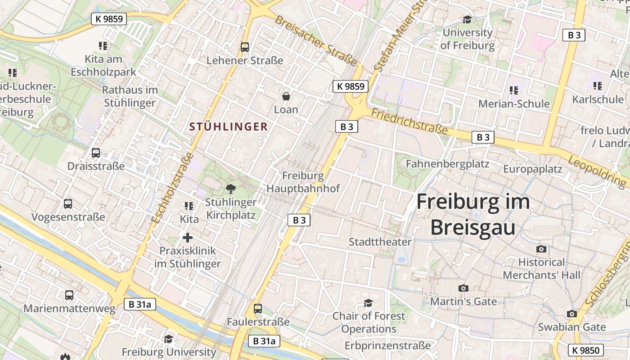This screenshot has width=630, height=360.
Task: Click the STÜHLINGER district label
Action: pyautogui.click(x=229, y=127)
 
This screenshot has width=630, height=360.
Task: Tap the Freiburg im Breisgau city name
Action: pyautogui.click(x=472, y=214)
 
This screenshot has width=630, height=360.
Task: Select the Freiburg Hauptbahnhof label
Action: pyautogui.click(x=303, y=182)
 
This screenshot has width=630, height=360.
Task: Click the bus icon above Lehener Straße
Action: pyautogui.click(x=245, y=47)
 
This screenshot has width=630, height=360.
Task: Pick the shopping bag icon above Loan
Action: pyautogui.click(x=286, y=96)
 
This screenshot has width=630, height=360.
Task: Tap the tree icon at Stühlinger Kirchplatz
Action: pyautogui.click(x=231, y=189)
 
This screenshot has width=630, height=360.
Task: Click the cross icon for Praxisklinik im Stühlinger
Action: pyautogui.click(x=188, y=238)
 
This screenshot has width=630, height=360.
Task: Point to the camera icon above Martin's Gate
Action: pyautogui.click(x=463, y=288)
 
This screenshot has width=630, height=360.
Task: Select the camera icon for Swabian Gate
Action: pyautogui.click(x=571, y=314)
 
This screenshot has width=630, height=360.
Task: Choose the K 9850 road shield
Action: pyautogui.click(x=586, y=350)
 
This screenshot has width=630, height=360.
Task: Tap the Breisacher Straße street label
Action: pyautogui.click(x=316, y=40)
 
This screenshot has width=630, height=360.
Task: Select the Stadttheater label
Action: pyautogui.click(x=380, y=242)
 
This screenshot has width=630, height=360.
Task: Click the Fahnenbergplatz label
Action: pyautogui.click(x=447, y=164)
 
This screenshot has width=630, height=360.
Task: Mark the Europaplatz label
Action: pyautogui.click(x=532, y=169)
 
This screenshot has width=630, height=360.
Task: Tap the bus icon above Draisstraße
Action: pyautogui.click(x=96, y=153)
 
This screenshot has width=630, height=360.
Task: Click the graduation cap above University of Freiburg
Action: pyautogui.click(x=467, y=19)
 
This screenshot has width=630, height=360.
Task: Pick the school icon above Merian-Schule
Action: pyautogui.click(x=514, y=90)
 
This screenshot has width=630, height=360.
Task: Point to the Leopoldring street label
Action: pyautogui.click(x=597, y=171)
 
